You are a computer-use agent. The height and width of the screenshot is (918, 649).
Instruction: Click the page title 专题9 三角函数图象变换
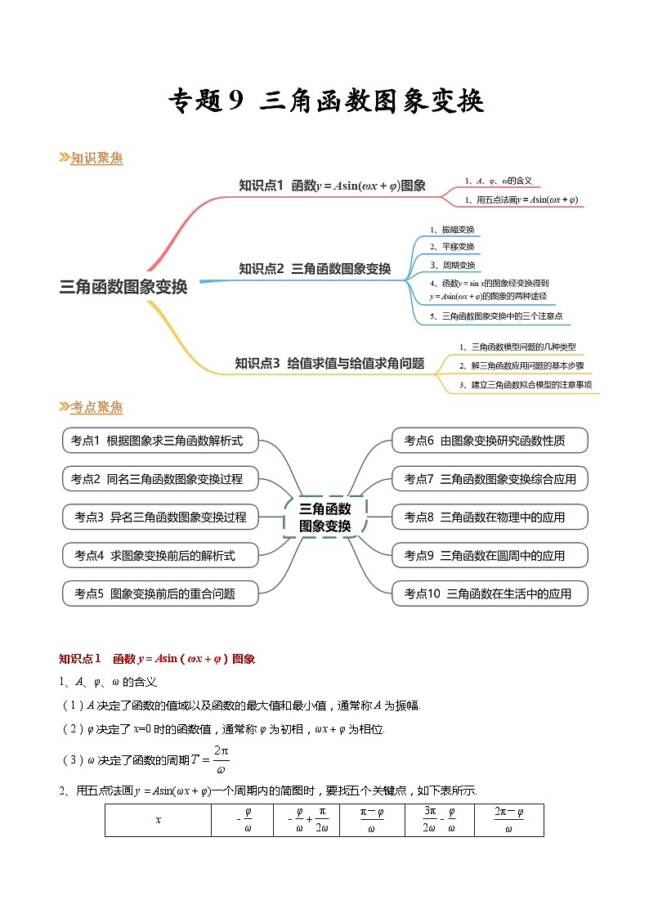point(325,101)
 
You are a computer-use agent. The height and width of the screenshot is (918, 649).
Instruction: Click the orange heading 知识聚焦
point(96,159)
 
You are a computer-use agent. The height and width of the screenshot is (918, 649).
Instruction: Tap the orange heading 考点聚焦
point(96,407)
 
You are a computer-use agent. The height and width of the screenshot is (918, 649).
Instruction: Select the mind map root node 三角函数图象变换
point(123,287)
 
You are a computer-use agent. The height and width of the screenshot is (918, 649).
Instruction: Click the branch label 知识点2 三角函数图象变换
point(315,268)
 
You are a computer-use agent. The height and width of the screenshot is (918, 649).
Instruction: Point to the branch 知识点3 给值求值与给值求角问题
point(329,363)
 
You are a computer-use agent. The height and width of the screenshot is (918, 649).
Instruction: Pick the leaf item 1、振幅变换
point(452,230)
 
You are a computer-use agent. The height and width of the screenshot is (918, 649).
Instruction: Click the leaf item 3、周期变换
point(453,265)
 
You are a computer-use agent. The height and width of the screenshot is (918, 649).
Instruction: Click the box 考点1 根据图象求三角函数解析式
point(160,441)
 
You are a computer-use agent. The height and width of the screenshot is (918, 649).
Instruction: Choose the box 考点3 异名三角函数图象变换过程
point(160,517)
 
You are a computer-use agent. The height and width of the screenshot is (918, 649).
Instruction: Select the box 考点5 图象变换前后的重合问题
point(160,593)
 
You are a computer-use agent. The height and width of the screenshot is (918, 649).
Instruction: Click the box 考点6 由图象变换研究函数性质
point(489,441)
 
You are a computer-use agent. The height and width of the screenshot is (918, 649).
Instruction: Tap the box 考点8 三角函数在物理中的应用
point(489,517)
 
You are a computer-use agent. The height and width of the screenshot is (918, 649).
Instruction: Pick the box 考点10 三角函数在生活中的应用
point(489,593)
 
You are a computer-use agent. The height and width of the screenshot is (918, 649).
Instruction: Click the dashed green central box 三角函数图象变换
point(324,517)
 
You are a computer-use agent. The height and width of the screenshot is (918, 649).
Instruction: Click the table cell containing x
point(158,820)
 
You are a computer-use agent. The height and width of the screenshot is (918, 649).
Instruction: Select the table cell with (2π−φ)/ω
point(508,820)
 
